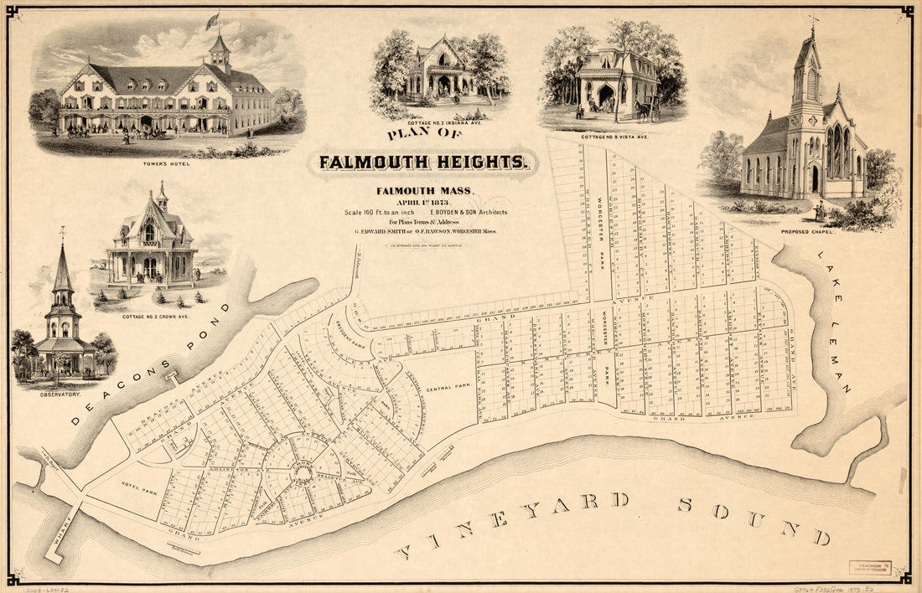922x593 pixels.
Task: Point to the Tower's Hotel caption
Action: (167, 162)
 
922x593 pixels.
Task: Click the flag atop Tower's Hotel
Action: (212, 19)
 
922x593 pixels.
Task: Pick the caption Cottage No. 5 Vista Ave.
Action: (614, 136)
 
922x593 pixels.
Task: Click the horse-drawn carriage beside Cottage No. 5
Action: (645, 110)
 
